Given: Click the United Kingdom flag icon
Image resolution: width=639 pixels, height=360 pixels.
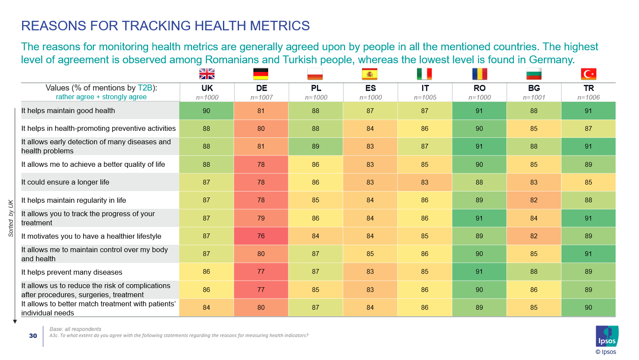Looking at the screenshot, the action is pyautogui.click(x=207, y=74).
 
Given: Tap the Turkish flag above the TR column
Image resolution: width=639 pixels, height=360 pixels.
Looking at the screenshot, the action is pyautogui.click(x=588, y=74).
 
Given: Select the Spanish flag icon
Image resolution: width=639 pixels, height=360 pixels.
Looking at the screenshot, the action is pyautogui.click(x=370, y=74).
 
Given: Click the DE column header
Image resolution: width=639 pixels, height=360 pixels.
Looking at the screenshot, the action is pyautogui.click(x=261, y=88).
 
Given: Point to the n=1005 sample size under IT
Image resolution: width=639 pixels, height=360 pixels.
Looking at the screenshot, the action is pyautogui.click(x=425, y=97).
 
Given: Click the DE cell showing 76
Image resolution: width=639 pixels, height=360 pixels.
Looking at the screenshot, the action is pyautogui.click(x=261, y=236).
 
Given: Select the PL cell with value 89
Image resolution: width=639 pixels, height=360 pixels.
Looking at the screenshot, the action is pyautogui.click(x=316, y=146).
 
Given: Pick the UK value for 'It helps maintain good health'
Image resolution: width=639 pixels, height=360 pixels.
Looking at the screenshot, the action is pyautogui.click(x=207, y=111).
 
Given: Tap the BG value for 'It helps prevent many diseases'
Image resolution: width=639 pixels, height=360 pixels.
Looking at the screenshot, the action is pyautogui.click(x=534, y=272).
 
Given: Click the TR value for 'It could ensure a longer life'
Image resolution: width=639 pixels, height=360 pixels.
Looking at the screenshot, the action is pyautogui.click(x=588, y=182).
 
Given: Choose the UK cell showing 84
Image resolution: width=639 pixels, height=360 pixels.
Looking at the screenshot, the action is pyautogui.click(x=207, y=308).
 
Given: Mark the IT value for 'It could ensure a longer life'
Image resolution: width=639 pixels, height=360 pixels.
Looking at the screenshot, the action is pyautogui.click(x=425, y=182).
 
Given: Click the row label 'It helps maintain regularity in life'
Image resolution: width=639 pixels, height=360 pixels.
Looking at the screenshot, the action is pyautogui.click(x=74, y=201).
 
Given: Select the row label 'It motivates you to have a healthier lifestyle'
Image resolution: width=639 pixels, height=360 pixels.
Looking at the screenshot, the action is pyautogui.click(x=91, y=237).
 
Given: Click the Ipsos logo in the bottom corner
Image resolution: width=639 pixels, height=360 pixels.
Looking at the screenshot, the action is pyautogui.click(x=607, y=336).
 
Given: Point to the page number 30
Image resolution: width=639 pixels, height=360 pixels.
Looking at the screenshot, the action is pyautogui.click(x=33, y=336).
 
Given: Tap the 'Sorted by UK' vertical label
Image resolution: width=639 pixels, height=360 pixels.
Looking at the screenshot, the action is pyautogui.click(x=11, y=218).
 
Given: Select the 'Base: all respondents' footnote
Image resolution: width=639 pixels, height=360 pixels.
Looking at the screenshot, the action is pyautogui.click(x=75, y=329).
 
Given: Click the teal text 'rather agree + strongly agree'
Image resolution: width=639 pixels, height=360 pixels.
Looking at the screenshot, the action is pyautogui.click(x=101, y=97).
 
